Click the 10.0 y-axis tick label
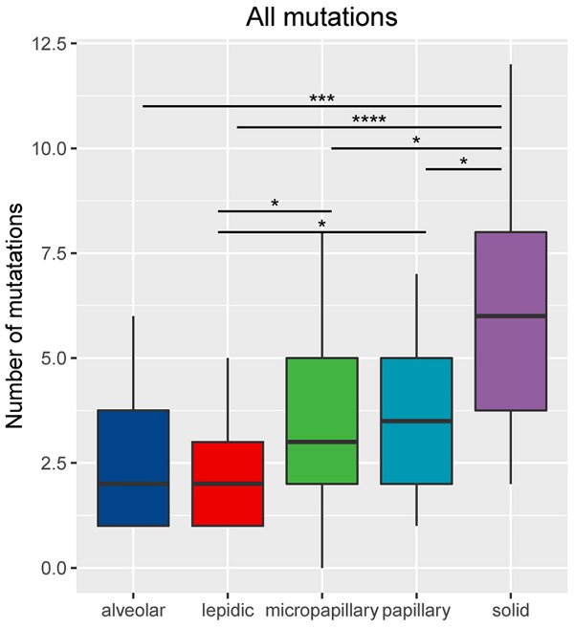point(47,149)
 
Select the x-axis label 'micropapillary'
point(321,609)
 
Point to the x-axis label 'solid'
point(510,609)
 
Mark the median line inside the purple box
point(510,316)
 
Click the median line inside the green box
point(321,442)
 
